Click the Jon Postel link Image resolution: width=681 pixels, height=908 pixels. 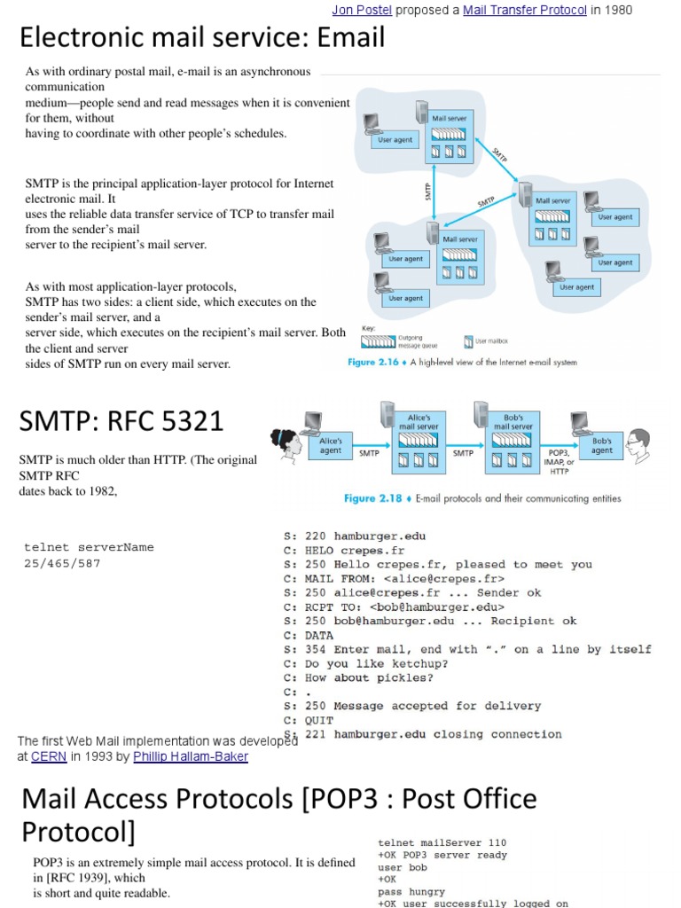pos(361,11)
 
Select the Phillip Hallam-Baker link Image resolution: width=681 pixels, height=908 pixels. pos(192,756)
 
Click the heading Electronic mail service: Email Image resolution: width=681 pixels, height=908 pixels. pos(202,37)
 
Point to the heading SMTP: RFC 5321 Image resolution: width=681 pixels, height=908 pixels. pos(121,420)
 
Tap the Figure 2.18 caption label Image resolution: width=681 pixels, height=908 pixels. pos(373,498)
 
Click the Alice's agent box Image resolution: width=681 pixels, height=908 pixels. pos(331,444)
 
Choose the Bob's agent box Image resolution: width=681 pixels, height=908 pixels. pos(602,444)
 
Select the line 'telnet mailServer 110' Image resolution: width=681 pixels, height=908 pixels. pos(442,842)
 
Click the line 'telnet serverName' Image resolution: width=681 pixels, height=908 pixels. pos(89,547)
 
